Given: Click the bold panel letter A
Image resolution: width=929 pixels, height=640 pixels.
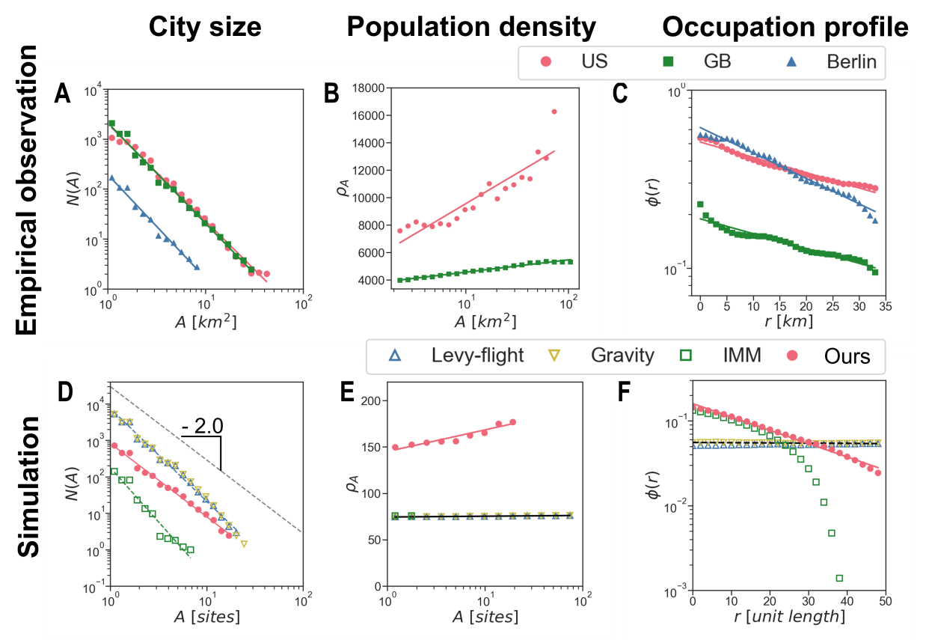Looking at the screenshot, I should (x=64, y=95).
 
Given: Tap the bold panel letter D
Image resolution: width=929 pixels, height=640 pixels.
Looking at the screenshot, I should (x=65, y=393).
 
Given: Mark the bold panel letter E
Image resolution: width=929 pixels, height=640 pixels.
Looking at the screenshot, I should (x=347, y=393).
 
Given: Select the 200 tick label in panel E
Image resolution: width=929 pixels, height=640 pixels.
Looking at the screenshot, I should (x=370, y=400).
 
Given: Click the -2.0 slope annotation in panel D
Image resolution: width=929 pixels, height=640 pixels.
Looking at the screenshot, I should (x=202, y=426).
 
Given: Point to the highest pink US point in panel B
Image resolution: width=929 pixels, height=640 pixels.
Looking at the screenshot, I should (x=554, y=112).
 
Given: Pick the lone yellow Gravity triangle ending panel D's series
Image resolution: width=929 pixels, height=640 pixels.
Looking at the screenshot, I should (x=244, y=543).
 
